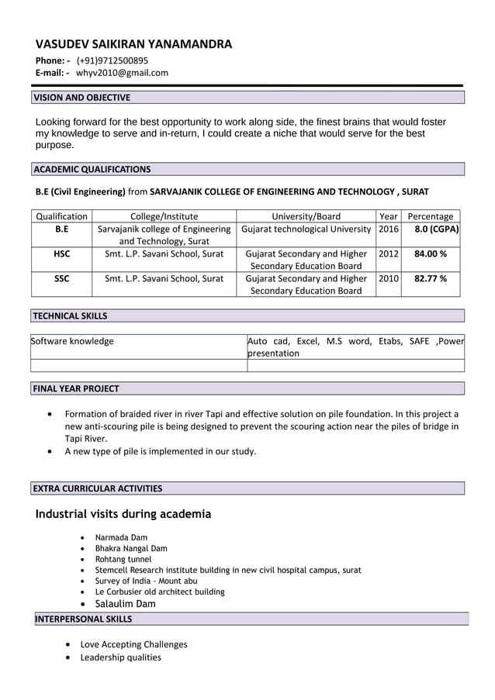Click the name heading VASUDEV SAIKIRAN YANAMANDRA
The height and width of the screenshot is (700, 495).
click(133, 44)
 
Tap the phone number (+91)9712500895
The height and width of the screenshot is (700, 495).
click(112, 60)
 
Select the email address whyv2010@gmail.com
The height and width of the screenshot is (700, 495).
click(122, 73)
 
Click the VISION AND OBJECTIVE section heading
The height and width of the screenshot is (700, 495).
click(81, 98)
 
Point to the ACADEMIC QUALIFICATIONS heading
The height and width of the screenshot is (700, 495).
click(92, 169)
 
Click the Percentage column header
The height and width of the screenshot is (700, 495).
click(431, 216)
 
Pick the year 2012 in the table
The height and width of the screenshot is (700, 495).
click(388, 254)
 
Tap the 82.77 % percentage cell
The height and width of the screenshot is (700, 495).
click(431, 278)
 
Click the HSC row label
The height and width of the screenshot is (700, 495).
click(62, 254)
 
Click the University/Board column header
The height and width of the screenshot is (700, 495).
click(306, 216)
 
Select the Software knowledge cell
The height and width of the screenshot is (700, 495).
click(72, 341)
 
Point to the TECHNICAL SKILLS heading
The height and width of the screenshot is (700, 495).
click(71, 316)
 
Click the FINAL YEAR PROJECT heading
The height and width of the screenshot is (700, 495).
click(76, 388)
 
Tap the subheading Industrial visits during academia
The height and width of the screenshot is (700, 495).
click(123, 514)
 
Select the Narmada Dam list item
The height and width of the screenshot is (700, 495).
click(121, 537)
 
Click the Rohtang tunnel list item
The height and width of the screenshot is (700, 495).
click(123, 559)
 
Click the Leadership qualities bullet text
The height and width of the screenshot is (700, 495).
click(121, 657)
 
